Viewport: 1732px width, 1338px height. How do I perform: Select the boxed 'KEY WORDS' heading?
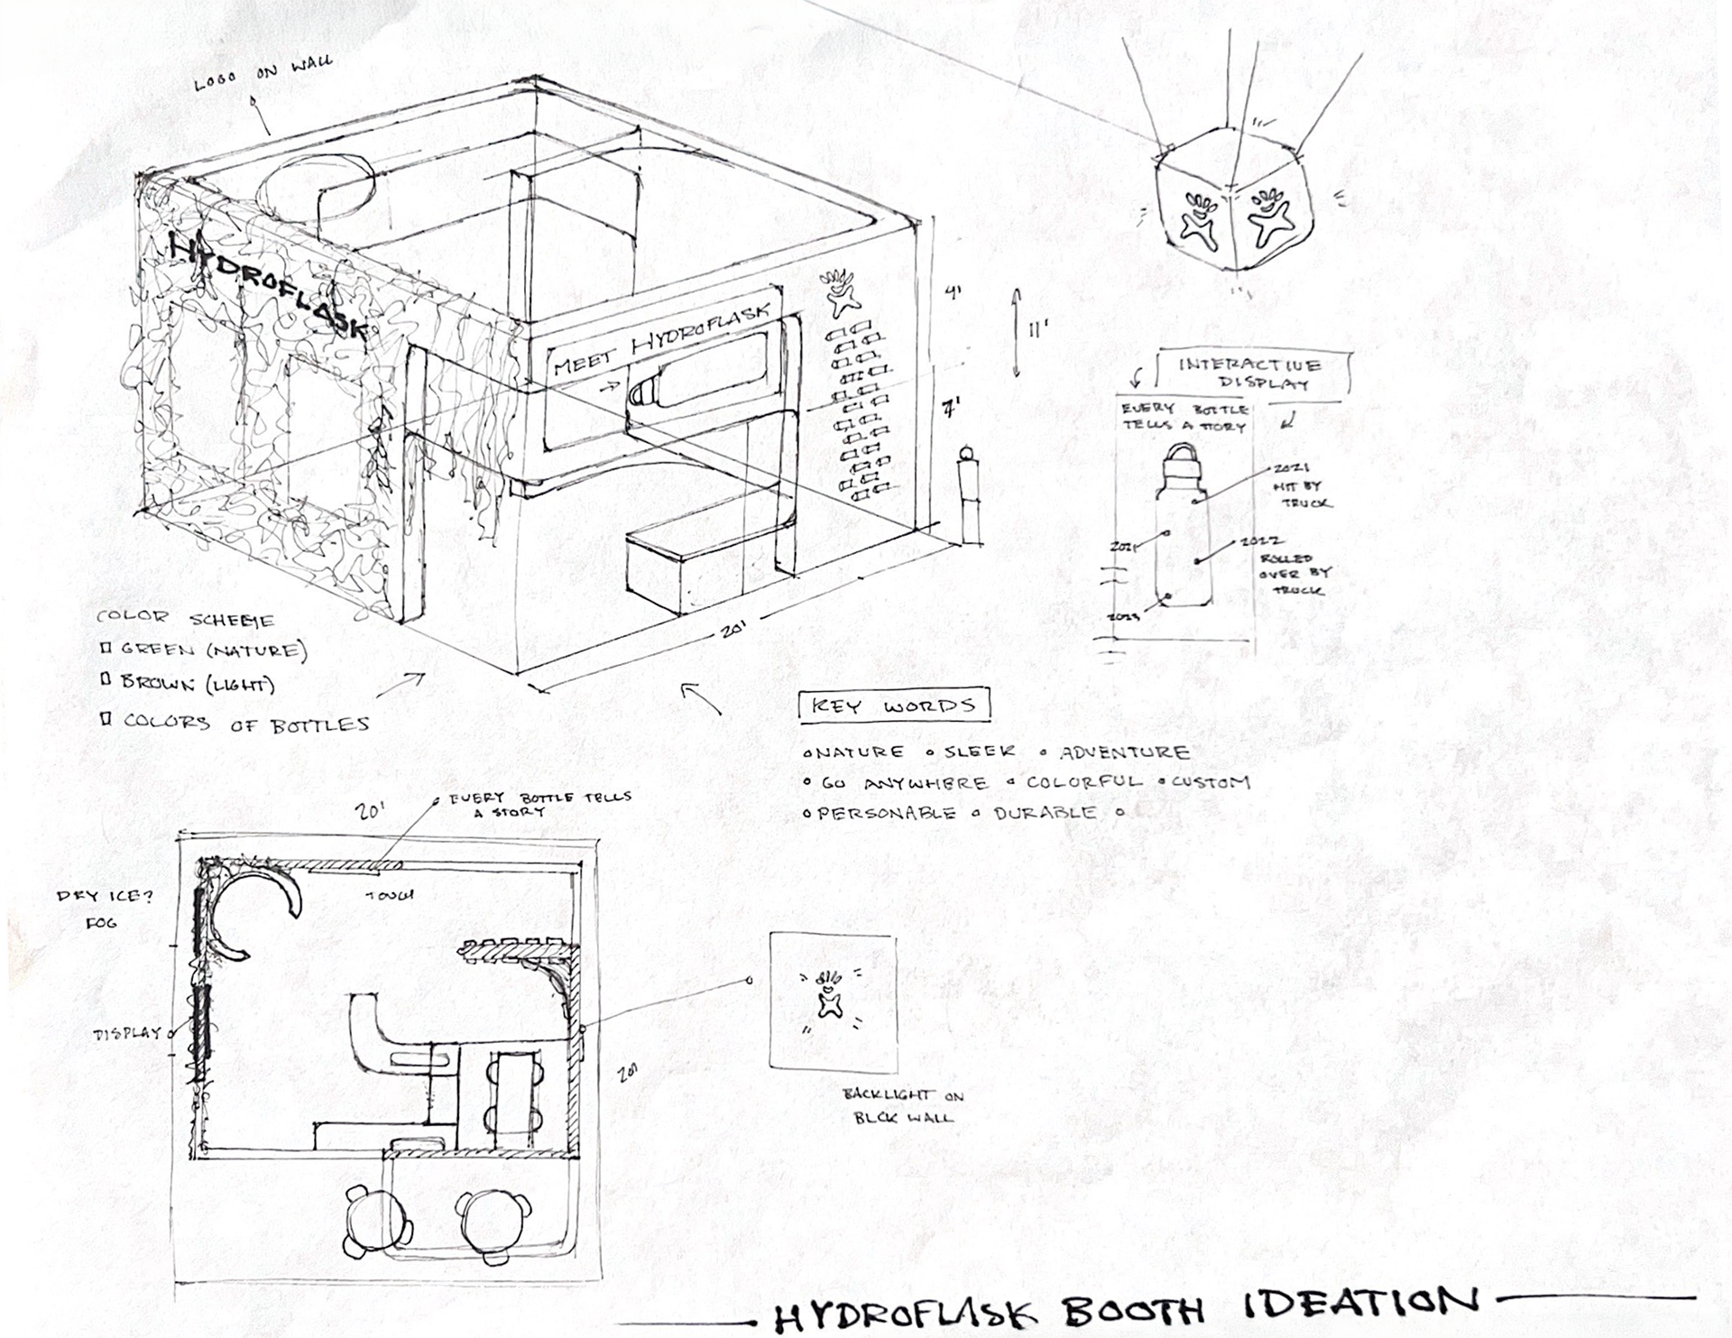coord(894,706)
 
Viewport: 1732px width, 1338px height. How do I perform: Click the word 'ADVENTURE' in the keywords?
coord(1124,752)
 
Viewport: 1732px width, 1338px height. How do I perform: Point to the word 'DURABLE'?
coord(1046,812)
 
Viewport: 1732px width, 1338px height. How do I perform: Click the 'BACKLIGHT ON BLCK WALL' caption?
coord(903,1105)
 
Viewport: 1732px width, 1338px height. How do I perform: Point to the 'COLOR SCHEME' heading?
coord(185,619)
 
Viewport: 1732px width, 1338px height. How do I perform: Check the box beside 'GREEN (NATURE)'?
coord(106,648)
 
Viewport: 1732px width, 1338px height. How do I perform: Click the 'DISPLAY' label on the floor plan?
coord(127,1034)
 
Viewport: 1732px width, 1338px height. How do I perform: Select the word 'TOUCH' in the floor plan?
coord(390,895)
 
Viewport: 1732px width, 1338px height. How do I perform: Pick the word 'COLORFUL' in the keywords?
coord(1083,782)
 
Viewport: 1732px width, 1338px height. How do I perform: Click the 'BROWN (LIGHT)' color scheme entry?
coord(198,684)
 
